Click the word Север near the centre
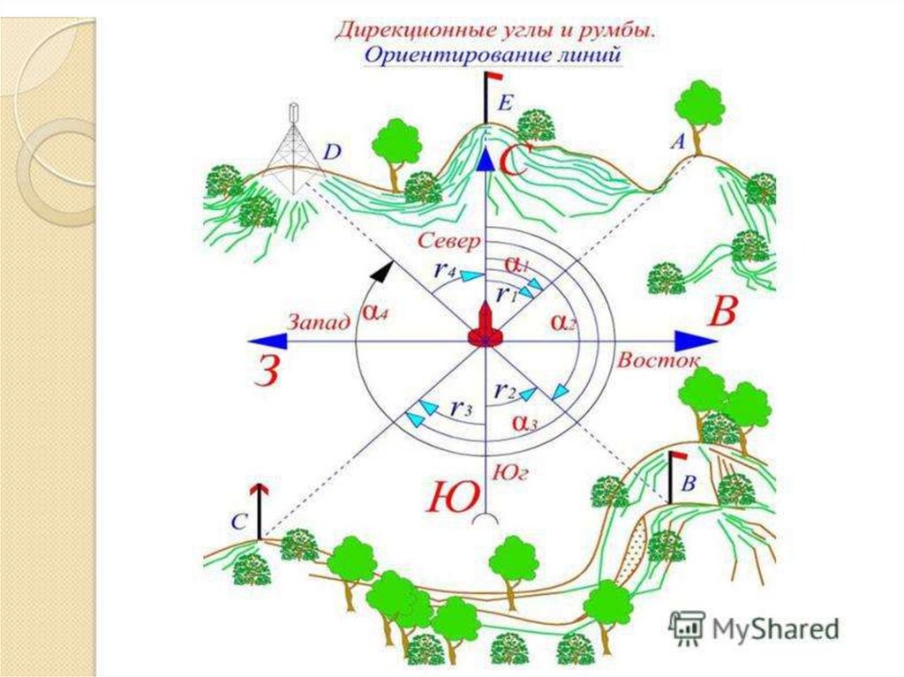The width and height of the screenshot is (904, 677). (448, 240)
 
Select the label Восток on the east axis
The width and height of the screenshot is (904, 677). (659, 360)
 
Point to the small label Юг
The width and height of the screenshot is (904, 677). (512, 475)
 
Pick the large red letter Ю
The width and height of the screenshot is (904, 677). (452, 500)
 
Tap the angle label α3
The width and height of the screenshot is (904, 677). (525, 423)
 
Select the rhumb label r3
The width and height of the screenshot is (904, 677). (458, 408)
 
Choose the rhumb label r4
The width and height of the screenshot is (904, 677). (443, 272)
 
